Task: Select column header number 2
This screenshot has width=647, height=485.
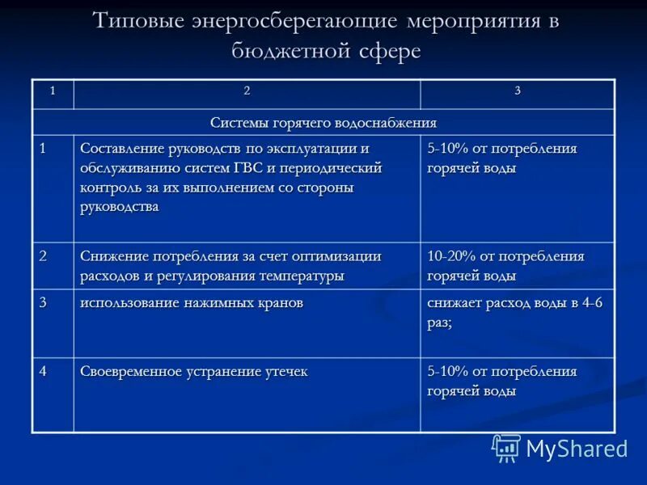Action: coord(247,91)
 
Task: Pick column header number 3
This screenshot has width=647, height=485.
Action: coord(518,91)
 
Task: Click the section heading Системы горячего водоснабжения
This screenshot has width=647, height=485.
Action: coord(323,122)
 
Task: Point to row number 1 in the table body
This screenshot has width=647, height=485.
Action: coord(43,148)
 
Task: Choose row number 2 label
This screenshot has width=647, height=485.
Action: coord(43,256)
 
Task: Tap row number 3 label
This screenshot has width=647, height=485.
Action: coord(43,302)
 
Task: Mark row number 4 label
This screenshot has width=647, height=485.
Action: coord(43,371)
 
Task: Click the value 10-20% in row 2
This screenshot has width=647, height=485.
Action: coord(451,256)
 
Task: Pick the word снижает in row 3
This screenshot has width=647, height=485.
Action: coord(455,303)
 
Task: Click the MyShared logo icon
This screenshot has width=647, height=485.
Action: coord(506,448)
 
